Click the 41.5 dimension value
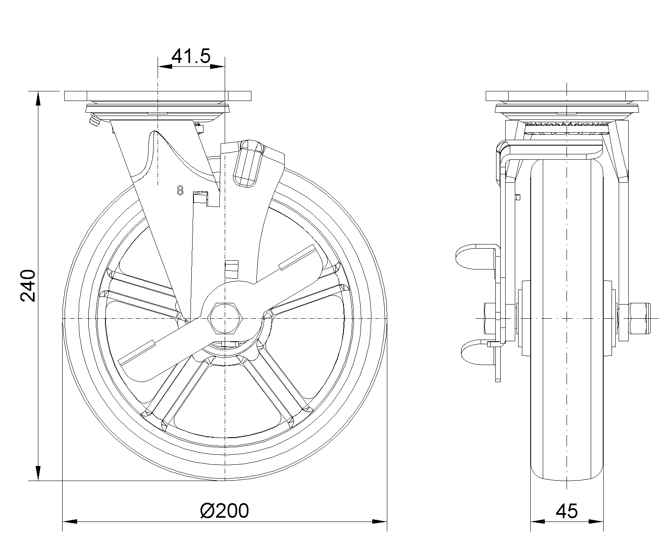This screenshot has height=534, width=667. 191,56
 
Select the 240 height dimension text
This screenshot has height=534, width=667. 28,285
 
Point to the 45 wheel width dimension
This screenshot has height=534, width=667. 567,511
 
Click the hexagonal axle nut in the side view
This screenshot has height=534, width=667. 225,318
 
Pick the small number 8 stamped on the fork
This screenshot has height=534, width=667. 180,191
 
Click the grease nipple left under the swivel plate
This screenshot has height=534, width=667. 94,121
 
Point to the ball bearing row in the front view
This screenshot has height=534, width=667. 567,124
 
